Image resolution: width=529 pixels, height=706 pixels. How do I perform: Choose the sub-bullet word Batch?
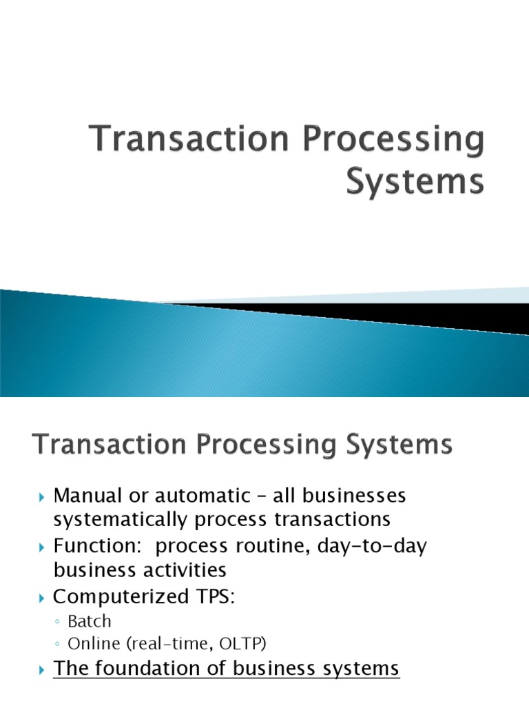coord(90,621)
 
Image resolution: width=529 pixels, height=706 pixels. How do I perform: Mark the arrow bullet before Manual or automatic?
coord(41,496)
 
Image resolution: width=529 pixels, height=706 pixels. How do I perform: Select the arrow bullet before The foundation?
coord(41,669)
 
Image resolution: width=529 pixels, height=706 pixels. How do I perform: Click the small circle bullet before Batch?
coord(58,622)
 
